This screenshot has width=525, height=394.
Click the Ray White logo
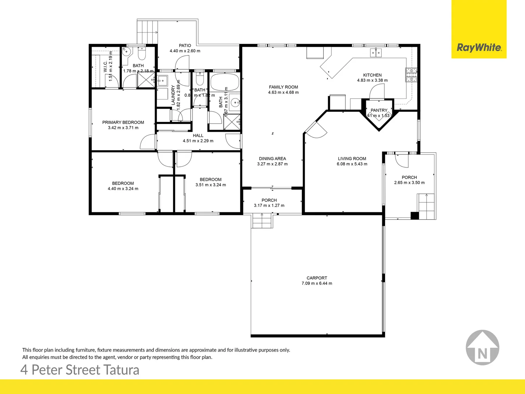click(479, 47)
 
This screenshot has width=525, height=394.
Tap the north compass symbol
click(482, 348)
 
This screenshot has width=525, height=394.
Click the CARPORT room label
click(316, 278)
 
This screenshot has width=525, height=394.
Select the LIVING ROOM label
click(352, 159)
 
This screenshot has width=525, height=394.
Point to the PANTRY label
click(379, 110)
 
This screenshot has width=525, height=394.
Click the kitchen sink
click(376, 53)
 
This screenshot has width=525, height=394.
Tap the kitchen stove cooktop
click(411, 75)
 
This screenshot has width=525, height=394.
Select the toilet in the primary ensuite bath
click(141, 54)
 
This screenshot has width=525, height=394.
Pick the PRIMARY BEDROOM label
click(123, 123)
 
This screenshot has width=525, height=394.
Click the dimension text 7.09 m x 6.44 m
click(316, 283)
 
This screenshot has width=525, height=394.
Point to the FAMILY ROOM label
click(283, 87)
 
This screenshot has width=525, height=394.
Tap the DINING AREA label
click(272, 159)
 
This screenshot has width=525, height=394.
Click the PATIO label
click(185, 46)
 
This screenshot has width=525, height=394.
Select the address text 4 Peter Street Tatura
click(80, 370)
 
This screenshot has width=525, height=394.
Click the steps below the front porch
click(262, 221)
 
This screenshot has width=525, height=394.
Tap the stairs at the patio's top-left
click(148, 31)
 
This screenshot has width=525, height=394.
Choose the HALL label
click(198, 136)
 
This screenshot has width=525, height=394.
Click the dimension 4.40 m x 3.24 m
click(123, 189)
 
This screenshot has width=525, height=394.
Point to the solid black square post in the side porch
click(415, 216)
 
